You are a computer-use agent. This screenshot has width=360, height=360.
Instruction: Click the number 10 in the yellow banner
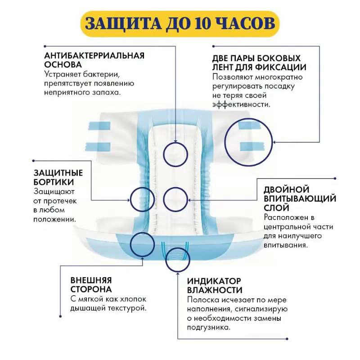(x=202, y=24)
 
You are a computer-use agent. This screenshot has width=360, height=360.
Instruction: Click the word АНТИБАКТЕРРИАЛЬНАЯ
(x=94, y=55)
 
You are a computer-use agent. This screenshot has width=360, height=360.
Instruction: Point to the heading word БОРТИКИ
(x=54, y=182)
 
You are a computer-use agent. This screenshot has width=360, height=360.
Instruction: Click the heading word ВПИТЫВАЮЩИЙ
(x=300, y=198)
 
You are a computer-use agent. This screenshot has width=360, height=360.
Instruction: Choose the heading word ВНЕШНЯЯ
(x=91, y=280)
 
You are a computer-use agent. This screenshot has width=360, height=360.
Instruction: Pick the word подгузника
(x=208, y=328)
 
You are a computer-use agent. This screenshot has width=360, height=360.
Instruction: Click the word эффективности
(x=241, y=104)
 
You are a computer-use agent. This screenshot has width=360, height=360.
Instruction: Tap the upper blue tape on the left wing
(x=99, y=126)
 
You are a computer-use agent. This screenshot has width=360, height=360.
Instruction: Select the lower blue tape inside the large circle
(x=252, y=146)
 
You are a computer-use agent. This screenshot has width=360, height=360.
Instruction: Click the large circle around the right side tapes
(x=225, y=142)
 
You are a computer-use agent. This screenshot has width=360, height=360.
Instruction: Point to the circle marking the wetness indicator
(x=166, y=260)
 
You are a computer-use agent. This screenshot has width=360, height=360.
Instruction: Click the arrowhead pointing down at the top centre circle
(x=175, y=141)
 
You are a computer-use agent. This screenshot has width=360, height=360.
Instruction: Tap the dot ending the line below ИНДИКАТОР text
(x=287, y=339)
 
